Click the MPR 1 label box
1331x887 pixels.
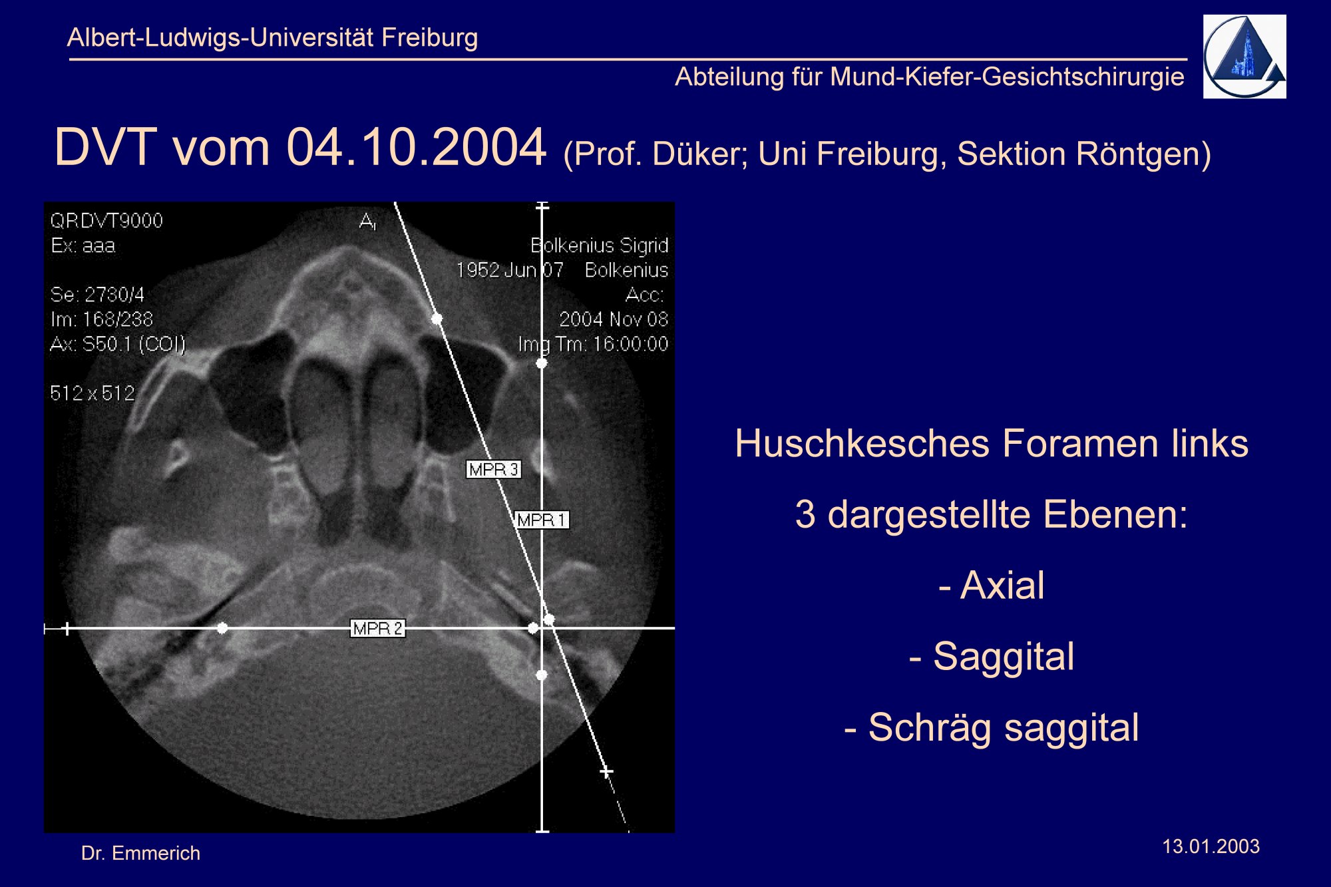(542, 520)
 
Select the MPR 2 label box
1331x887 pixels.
(377, 628)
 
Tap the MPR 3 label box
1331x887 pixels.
(493, 469)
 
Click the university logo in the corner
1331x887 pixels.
(1244, 57)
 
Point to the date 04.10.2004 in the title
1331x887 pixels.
(417, 147)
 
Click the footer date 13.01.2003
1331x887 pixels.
(1211, 846)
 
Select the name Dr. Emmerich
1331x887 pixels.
(140, 853)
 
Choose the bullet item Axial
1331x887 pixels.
(992, 586)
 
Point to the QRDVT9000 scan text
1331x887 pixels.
(106, 221)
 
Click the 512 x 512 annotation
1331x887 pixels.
(93, 393)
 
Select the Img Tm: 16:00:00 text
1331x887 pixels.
(593, 344)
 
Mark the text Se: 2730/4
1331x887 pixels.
(97, 295)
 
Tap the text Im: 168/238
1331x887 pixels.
(102, 319)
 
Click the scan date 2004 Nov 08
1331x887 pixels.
(614, 319)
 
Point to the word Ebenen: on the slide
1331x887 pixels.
(1115, 515)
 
